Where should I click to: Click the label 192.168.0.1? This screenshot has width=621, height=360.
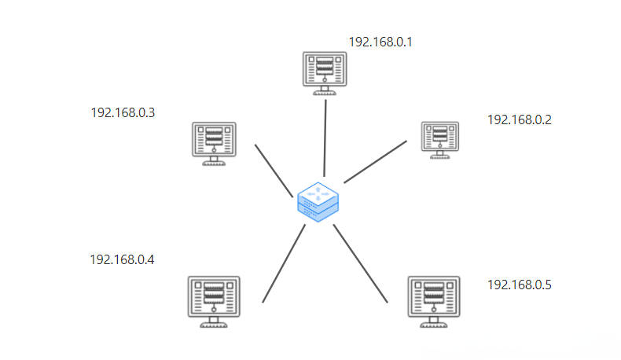tap(380, 42)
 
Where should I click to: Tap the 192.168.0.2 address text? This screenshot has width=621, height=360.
tap(520, 119)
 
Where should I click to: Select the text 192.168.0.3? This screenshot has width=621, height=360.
tap(123, 113)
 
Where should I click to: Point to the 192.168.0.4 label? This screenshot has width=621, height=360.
tap(122, 260)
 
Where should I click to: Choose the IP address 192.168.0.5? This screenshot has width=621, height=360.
tap(520, 285)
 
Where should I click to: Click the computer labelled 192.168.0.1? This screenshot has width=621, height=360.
tap(325, 73)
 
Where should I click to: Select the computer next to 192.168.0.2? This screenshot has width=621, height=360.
tap(440, 140)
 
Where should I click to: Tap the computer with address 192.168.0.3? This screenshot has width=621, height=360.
tap(215, 144)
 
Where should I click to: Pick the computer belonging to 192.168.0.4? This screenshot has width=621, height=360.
tap(214, 302)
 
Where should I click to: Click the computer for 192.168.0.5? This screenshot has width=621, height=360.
tap(434, 302)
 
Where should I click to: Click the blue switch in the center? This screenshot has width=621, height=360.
tap(318, 202)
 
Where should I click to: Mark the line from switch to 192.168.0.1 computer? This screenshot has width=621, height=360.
tap(325, 138)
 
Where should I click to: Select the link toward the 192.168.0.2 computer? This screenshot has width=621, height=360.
tap(375, 162)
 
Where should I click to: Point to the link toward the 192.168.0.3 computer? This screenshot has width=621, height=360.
tap(274, 171)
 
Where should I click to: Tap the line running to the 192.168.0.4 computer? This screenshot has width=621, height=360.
tap(284, 263)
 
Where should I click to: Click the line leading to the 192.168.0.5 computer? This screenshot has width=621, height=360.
tap(360, 263)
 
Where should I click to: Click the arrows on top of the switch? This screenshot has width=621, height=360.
tap(318, 193)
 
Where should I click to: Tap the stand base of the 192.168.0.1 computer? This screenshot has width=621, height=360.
tap(325, 93)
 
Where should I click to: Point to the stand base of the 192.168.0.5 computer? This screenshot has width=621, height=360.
tap(434, 325)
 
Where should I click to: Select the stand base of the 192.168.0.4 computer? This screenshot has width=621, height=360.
tap(214, 325)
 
